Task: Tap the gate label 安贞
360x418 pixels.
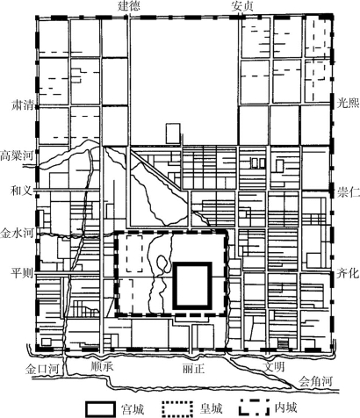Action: [242, 6]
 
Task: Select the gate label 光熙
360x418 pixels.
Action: [348, 103]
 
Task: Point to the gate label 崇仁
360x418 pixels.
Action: [348, 192]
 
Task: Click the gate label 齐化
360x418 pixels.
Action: [348, 273]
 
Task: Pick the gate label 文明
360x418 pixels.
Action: [274, 367]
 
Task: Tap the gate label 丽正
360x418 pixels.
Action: [193, 368]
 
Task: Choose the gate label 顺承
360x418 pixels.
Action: [102, 367]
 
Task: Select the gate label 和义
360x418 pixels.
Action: [20, 191]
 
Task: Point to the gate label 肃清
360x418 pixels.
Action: [21, 104]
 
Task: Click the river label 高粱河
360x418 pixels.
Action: [17, 155]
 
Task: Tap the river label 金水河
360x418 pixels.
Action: [17, 234]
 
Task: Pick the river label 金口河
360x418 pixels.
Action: [42, 369]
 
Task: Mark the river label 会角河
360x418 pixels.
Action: [316, 382]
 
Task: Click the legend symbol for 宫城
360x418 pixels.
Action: [100, 408]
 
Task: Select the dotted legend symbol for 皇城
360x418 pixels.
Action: [177, 408]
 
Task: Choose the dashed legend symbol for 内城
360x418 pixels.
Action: [254, 407]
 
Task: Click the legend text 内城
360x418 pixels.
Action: [285, 407]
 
